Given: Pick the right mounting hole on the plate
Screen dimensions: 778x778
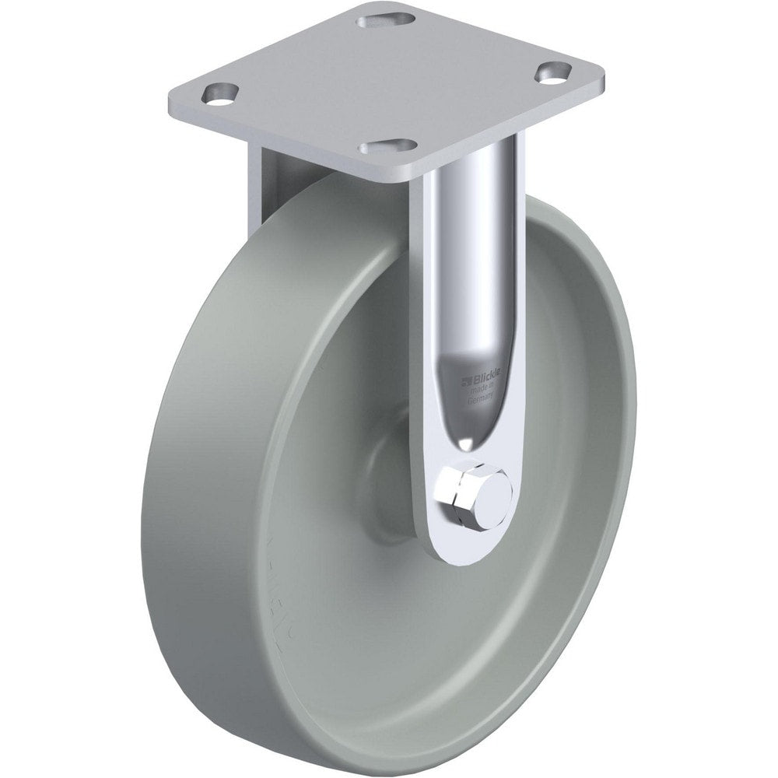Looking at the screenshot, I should pyautogui.click(x=552, y=74).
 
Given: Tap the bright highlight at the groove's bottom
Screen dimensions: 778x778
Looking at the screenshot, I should pyautogui.click(x=464, y=443).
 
